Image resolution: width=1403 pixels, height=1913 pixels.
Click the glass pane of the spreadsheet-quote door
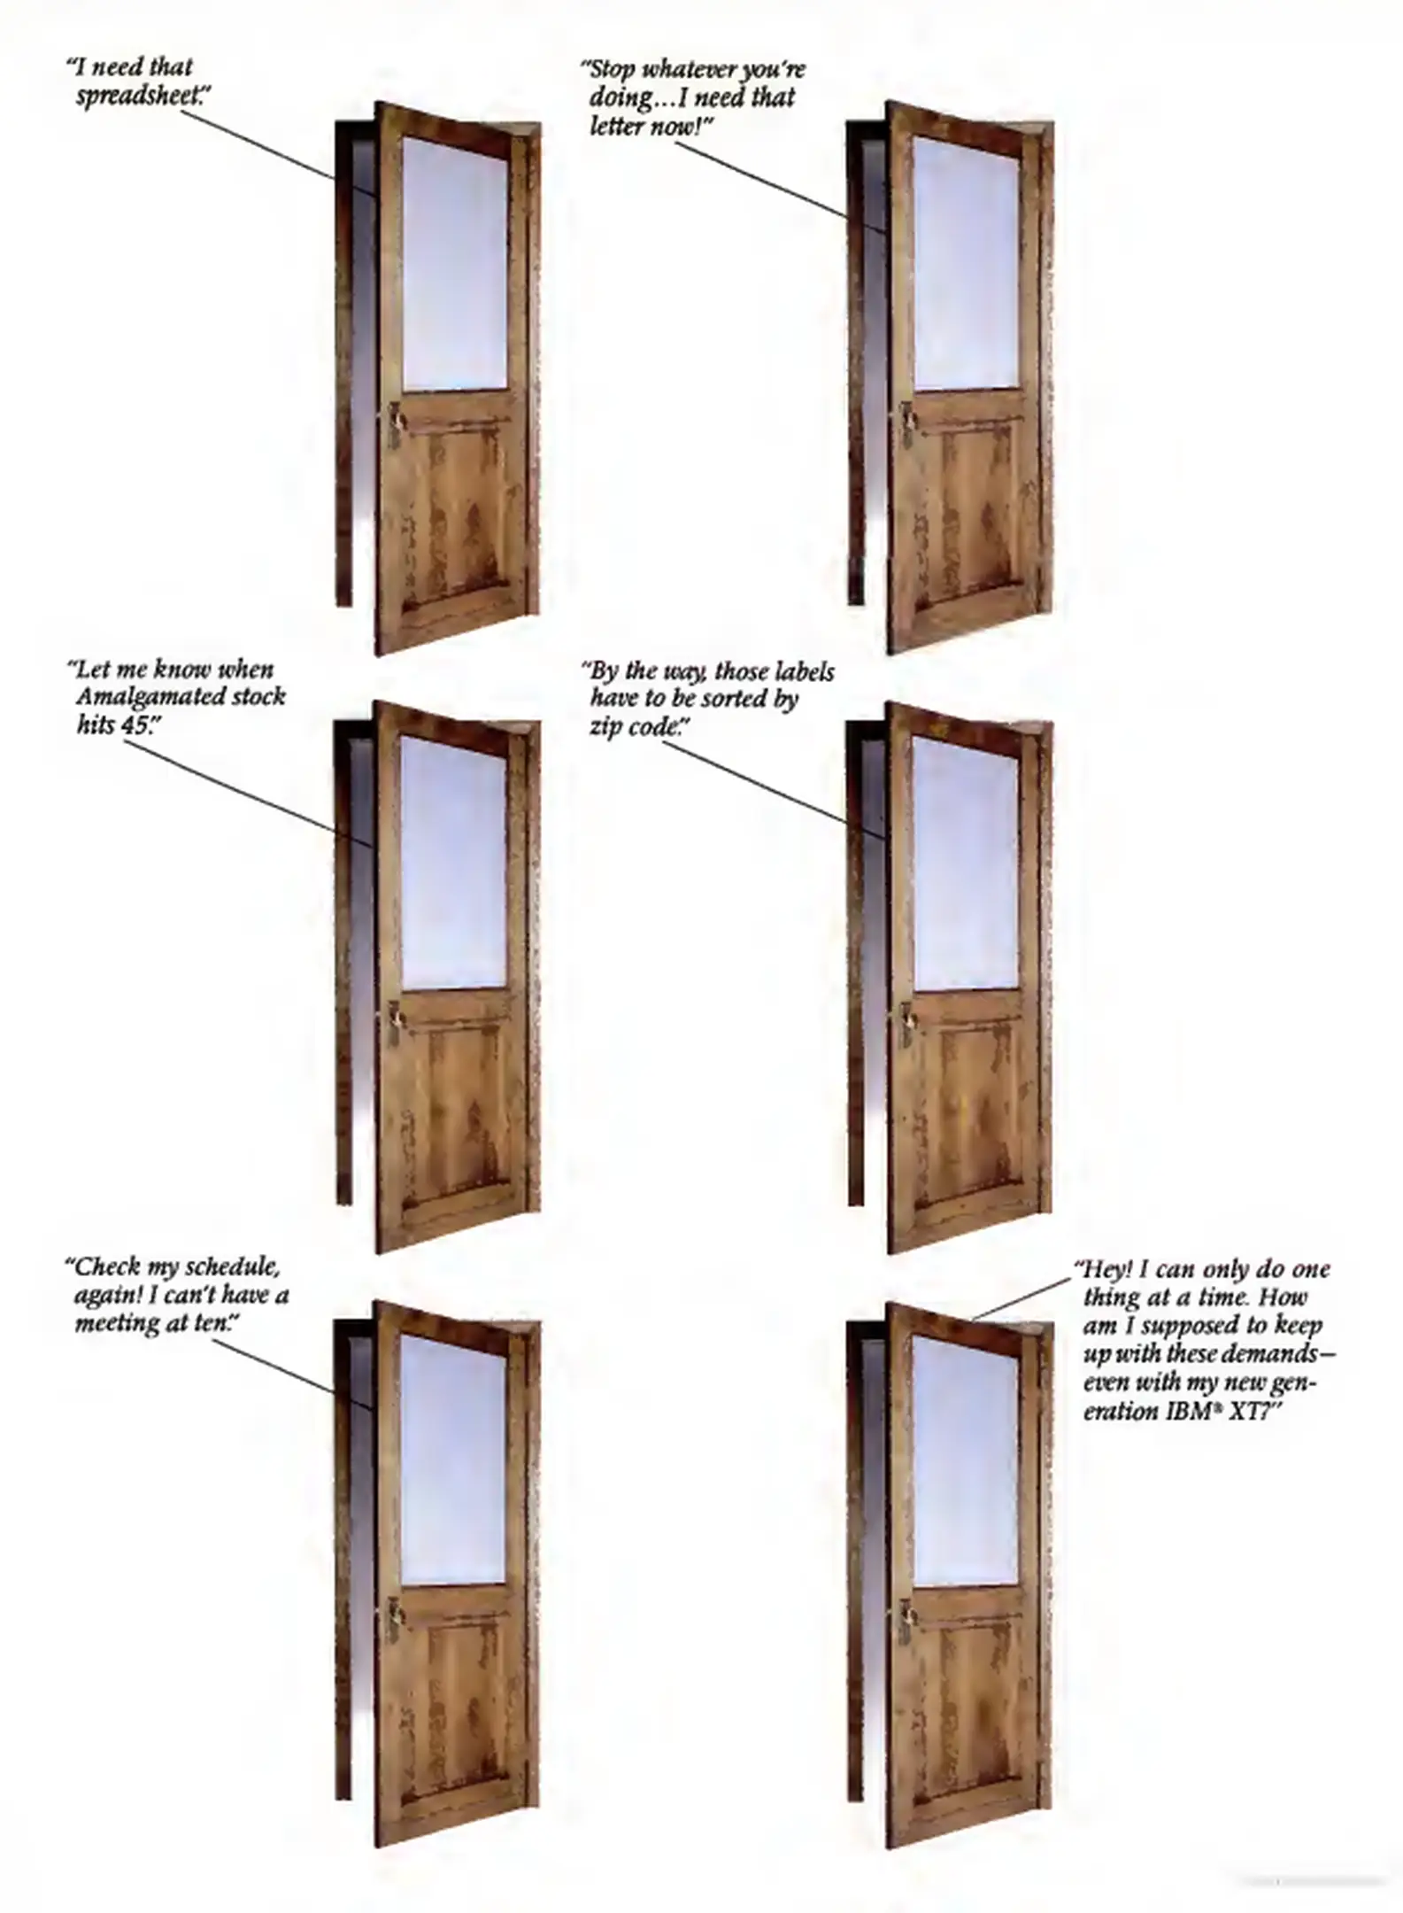tap(455, 263)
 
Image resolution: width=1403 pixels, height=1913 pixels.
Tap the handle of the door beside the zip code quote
tap(908, 1016)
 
